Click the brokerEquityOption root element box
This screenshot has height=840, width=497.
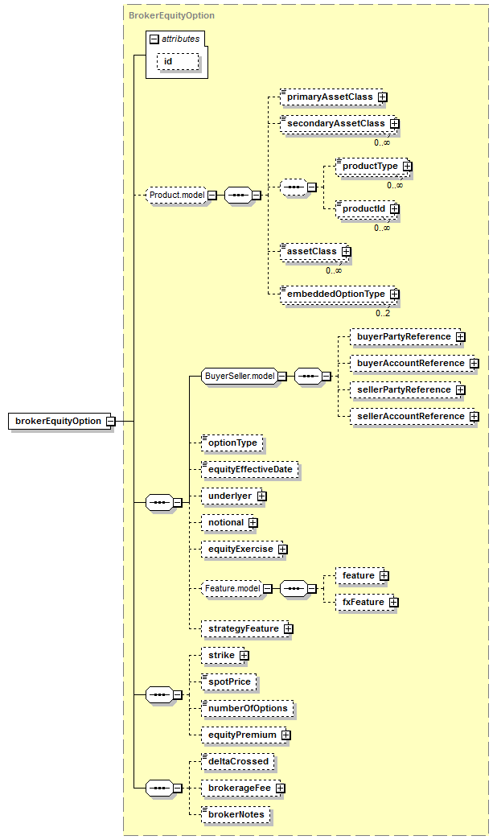pyautogui.click(x=60, y=421)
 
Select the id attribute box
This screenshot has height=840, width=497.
pyautogui.click(x=178, y=62)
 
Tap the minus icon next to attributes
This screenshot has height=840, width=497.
pyautogui.click(x=154, y=39)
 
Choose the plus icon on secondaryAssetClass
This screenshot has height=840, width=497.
pyautogui.click(x=395, y=124)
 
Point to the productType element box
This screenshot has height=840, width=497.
pyautogui.click(x=372, y=166)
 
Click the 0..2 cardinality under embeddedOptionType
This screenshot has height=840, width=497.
pyautogui.click(x=383, y=314)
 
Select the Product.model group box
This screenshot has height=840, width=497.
pyautogui.click(x=177, y=195)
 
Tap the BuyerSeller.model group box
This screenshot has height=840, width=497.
pyautogui.click(x=240, y=376)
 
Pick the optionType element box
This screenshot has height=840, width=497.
pyautogui.click(x=232, y=443)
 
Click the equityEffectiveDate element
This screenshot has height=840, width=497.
pyautogui.click(x=250, y=470)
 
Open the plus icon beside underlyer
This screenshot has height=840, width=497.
pyautogui.click(x=261, y=496)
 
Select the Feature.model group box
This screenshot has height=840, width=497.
pyautogui.click(x=232, y=589)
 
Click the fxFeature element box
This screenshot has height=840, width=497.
pyautogui.click(x=365, y=602)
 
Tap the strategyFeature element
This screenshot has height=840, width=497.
pyautogui.click(x=245, y=629)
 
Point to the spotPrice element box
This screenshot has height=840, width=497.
pyautogui.click(x=229, y=682)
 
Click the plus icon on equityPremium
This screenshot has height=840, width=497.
pyautogui.click(x=286, y=735)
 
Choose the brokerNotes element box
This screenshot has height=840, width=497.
pyautogui.click(x=236, y=815)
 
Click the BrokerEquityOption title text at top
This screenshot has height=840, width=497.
pyautogui.click(x=171, y=15)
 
